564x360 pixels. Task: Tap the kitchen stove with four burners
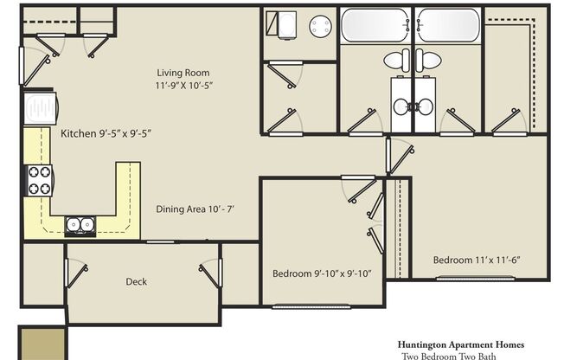pyautogui.click(x=39, y=180)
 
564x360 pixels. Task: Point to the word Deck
pyautogui.click(x=136, y=281)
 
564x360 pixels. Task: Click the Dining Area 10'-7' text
pyautogui.click(x=195, y=209)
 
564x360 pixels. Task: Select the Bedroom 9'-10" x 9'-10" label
pyautogui.click(x=321, y=273)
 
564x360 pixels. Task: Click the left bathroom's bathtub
pyautogui.click(x=375, y=25)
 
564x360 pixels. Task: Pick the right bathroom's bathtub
pyautogui.click(x=447, y=25)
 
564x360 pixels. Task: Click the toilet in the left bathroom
pyautogui.click(x=397, y=61)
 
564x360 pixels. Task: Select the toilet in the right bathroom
pyautogui.click(x=426, y=61)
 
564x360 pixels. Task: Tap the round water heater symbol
pyautogui.click(x=320, y=25)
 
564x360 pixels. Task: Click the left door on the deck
pyautogui.click(x=75, y=273)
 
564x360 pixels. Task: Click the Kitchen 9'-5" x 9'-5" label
pyautogui.click(x=107, y=134)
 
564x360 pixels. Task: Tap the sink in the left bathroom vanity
pyautogui.click(x=401, y=106)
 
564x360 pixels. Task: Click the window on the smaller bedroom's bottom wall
pyautogui.click(x=304, y=305)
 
